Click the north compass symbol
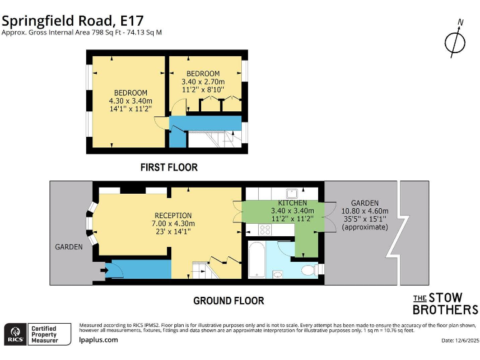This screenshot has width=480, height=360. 455,41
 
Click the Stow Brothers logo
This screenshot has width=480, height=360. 445,304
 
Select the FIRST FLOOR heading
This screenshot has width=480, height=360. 169,167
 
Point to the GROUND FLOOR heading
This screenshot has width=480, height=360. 228,301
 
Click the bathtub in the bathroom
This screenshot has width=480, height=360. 256,262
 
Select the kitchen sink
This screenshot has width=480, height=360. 292,193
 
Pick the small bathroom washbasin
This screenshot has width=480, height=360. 277,274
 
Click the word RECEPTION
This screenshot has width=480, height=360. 173,216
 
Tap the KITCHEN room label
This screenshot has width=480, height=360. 292,203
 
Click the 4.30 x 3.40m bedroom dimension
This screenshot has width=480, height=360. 130,101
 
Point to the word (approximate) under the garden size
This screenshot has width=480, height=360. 365,227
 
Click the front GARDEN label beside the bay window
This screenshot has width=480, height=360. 69,247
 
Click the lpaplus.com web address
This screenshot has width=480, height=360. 99,340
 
